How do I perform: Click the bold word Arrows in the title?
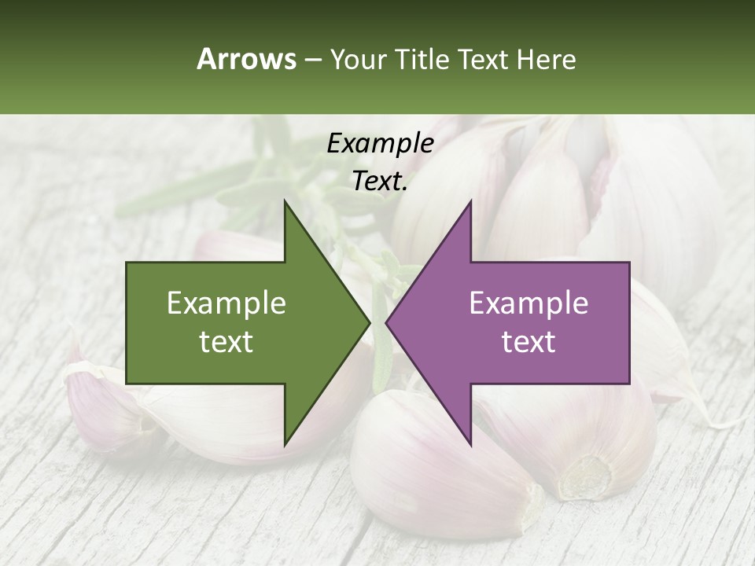click(x=246, y=59)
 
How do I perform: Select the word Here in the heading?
click(x=546, y=59)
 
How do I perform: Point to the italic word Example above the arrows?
click(x=380, y=143)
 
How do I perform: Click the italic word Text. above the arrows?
click(x=380, y=181)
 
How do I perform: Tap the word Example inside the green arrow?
click(x=226, y=303)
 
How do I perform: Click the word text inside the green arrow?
click(x=226, y=342)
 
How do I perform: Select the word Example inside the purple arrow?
click(x=528, y=303)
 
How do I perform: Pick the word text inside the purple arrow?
click(x=528, y=342)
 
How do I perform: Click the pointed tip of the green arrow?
click(x=369, y=322)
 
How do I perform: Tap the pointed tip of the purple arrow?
click(x=387, y=322)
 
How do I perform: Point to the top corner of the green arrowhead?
click(x=285, y=201)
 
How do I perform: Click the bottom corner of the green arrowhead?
click(x=285, y=444)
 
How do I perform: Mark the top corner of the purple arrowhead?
click(x=470, y=201)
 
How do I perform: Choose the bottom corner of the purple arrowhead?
click(x=470, y=444)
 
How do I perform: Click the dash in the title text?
click(x=312, y=60)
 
